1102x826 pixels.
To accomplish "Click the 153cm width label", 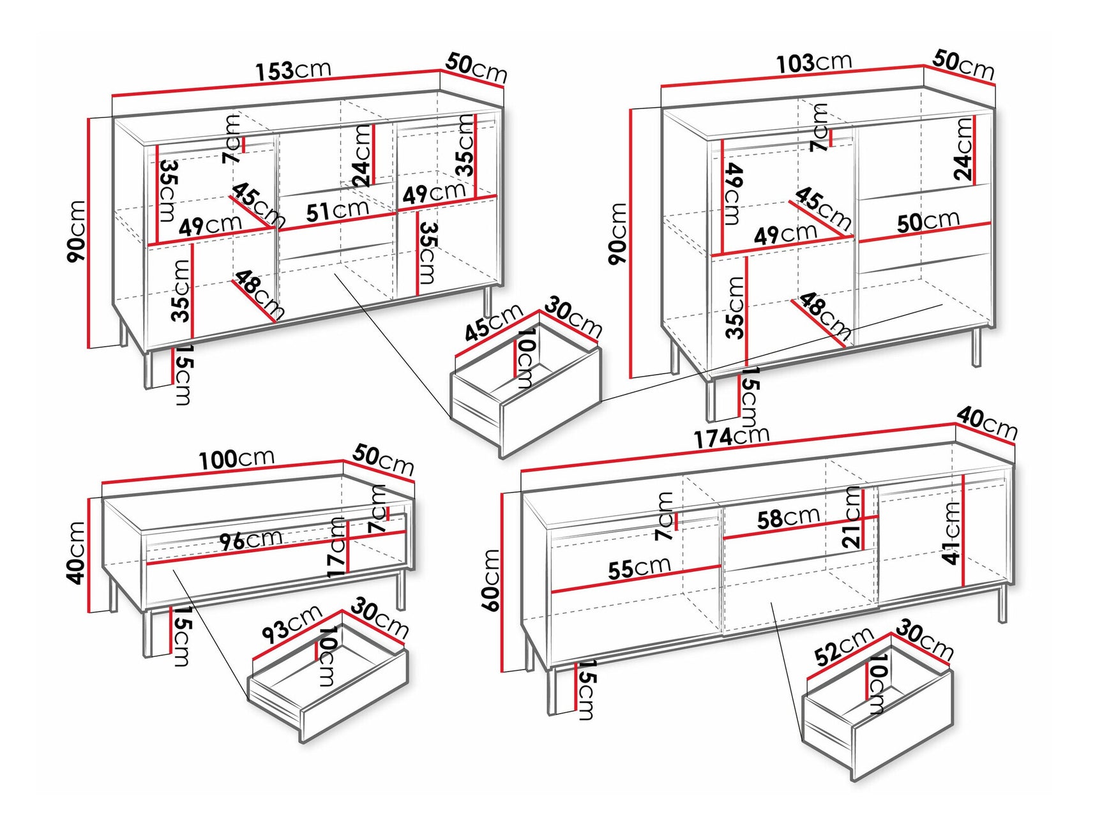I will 294,70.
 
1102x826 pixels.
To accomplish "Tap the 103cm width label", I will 814,63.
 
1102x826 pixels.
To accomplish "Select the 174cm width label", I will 732,437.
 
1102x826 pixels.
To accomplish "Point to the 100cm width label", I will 236,459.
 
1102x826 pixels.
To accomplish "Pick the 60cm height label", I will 492,580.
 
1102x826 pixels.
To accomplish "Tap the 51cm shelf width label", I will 337,210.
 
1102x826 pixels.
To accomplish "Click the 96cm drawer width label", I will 250,540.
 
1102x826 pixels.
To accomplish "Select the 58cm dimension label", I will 788,518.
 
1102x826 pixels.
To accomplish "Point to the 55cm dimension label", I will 639,567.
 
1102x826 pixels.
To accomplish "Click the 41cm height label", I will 951,533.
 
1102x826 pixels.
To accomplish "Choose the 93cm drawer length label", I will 292,624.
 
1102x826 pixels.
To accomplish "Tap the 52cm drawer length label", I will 844,646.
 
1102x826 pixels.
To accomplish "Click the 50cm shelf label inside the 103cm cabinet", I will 928,222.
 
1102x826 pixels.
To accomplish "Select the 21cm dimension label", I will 852,517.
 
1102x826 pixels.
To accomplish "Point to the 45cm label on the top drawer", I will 493,323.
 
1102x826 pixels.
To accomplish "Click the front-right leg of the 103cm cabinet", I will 976,348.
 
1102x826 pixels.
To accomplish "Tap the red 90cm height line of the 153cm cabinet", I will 89,233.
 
